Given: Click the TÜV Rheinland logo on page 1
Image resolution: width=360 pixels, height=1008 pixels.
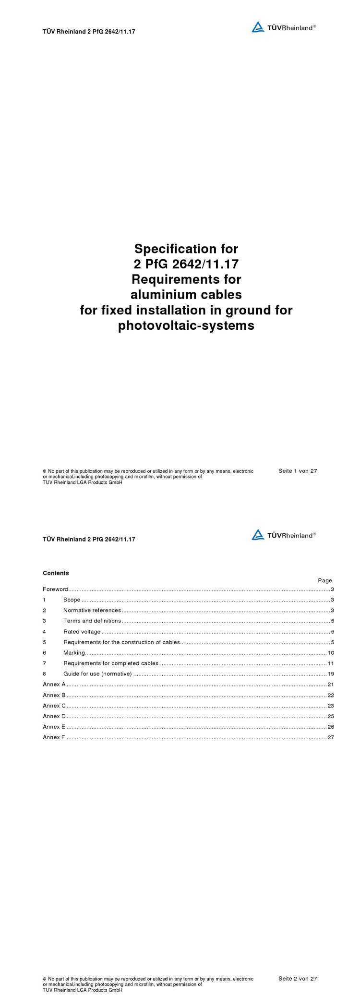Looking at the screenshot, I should click(x=283, y=27).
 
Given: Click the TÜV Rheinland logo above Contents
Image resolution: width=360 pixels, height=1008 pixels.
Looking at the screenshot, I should click(x=283, y=535).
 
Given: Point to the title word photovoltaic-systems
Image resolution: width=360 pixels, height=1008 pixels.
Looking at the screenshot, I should click(x=186, y=325).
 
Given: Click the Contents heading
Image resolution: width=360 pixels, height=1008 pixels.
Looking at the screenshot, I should click(x=56, y=573).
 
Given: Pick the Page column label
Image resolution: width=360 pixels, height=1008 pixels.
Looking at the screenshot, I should click(x=325, y=580).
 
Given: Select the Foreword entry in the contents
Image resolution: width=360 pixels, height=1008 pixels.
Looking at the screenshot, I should click(x=56, y=589).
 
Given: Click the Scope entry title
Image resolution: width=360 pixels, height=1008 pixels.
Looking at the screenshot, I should click(x=72, y=600).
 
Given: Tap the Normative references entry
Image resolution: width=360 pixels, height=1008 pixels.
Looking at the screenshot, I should click(x=92, y=611).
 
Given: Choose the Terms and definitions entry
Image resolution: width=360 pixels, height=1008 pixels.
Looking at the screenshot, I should click(x=92, y=621).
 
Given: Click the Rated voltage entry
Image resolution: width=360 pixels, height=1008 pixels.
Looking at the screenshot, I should click(x=82, y=632).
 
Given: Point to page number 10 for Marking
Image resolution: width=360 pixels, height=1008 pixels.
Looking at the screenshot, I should click(x=331, y=653).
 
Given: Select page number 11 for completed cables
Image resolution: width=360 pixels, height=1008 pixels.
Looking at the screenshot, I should click(x=331, y=663).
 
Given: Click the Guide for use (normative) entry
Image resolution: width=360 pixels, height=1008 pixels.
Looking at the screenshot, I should click(x=97, y=674).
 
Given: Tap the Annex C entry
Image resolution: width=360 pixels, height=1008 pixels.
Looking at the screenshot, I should click(x=54, y=706).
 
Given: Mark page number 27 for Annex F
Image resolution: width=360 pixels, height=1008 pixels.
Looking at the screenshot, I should click(x=331, y=737).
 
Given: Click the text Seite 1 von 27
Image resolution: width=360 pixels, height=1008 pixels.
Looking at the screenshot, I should click(x=298, y=471).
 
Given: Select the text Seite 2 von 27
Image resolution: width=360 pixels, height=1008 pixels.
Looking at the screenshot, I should click(x=298, y=979).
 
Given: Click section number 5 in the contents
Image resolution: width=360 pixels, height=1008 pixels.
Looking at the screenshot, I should click(x=44, y=642).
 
